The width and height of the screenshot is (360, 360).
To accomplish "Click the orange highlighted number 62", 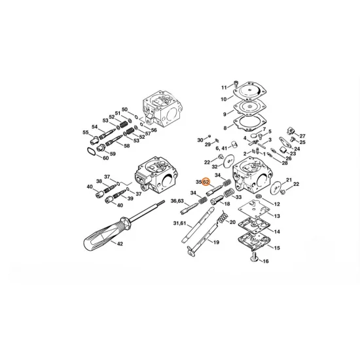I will click(x=206, y=183).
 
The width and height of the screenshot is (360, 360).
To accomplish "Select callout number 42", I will click(x=119, y=244).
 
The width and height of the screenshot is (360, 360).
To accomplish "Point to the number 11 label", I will click(x=223, y=87).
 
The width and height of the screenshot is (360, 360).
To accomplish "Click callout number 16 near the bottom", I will click(x=265, y=261).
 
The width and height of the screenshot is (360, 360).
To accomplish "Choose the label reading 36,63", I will click(x=177, y=201).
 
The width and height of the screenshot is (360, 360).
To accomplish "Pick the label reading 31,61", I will click(x=180, y=223).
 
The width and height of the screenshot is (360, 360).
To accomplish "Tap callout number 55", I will click(x=85, y=133).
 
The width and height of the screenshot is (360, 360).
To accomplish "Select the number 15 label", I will click(x=277, y=248).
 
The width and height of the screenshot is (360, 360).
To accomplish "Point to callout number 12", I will click(x=277, y=204).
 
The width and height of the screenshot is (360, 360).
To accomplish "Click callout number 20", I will click(x=232, y=223).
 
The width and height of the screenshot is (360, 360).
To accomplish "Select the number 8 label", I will click(x=223, y=128).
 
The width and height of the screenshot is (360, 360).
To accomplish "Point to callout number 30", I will click(x=200, y=139).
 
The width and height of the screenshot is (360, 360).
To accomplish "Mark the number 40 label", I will click(x=90, y=187).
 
